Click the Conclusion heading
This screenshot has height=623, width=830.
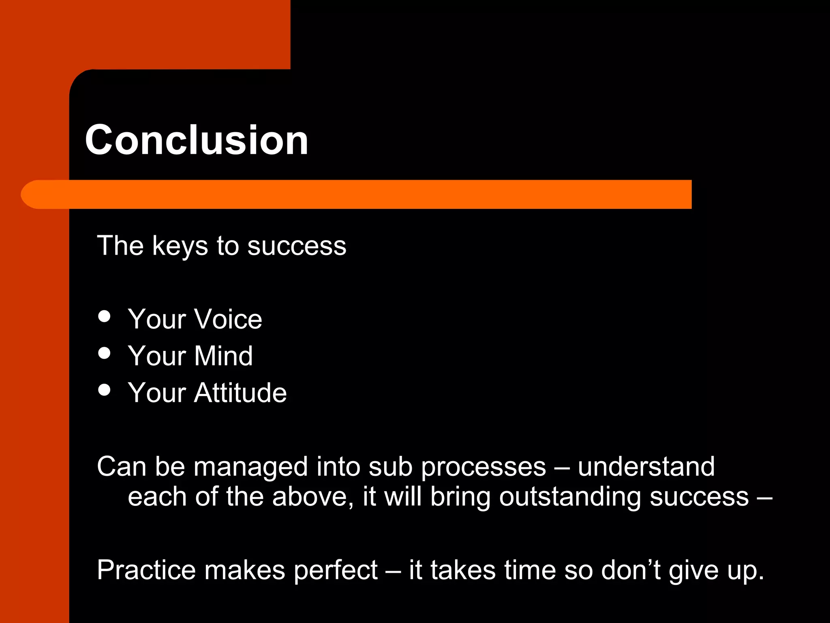click(197, 140)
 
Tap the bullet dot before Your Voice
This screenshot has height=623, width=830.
click(105, 316)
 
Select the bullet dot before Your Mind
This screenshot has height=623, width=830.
click(105, 353)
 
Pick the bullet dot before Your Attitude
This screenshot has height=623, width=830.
click(105, 390)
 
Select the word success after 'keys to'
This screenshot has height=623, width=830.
click(297, 246)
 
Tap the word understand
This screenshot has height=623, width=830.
click(646, 466)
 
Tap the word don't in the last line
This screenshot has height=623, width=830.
click(631, 570)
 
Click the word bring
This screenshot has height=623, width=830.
click(460, 497)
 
